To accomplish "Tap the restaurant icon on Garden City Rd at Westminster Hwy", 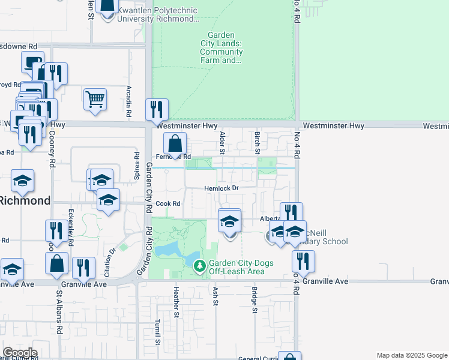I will coord(157,109).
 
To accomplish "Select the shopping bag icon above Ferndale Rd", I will coord(175,144).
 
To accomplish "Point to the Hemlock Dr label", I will coord(221,188).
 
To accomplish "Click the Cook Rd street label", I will coord(168,203).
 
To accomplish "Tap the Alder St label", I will coord(222,142).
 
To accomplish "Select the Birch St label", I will coord(257,142).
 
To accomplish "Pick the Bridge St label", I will coord(255,300).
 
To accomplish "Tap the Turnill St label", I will coord(158,332).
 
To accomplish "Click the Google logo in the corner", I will coord(19,353).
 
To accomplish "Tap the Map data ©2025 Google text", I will coord(411,355).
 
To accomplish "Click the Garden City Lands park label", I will coord(221,47).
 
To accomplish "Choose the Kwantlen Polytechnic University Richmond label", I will coord(158,14).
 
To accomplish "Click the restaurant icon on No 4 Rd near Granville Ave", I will coord(303,260).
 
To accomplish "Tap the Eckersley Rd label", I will coord(71,228).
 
